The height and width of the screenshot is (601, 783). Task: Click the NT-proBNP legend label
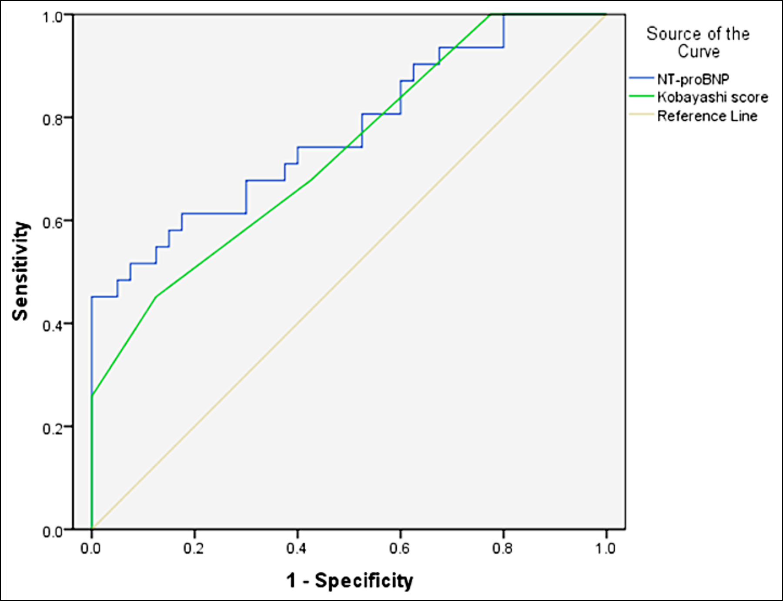click(x=693, y=79)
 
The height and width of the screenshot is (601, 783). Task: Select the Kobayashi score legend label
click(x=713, y=97)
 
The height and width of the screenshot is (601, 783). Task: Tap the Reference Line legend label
click(x=707, y=116)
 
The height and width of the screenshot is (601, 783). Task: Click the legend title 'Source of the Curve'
click(x=698, y=42)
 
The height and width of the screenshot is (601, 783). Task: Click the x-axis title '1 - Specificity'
click(x=349, y=581)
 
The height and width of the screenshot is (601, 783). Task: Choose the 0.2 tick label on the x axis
click(x=194, y=548)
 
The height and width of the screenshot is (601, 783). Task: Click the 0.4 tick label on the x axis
click(x=297, y=548)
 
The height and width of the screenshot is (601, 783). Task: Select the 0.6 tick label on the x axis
click(x=400, y=548)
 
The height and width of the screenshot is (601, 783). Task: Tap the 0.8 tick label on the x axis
click(x=502, y=548)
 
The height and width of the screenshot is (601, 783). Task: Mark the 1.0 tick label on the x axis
click(x=606, y=548)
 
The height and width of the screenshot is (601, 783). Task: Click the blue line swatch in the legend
click(x=642, y=79)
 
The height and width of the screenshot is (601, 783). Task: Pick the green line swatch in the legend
click(x=642, y=97)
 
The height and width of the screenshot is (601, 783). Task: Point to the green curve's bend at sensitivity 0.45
click(x=156, y=297)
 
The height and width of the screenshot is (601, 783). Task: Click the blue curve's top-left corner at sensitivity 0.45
click(x=92, y=297)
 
